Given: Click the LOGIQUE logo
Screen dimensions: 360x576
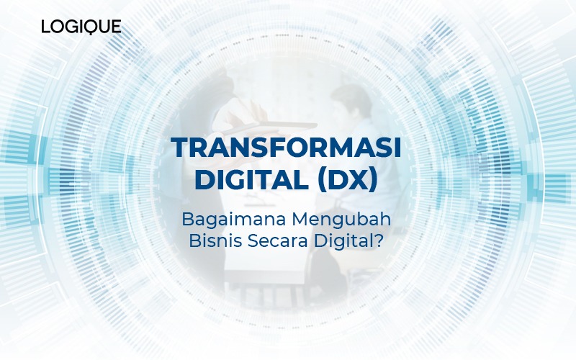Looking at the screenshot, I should point(81,27).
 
